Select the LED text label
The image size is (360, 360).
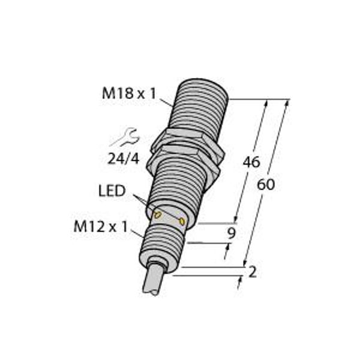112,191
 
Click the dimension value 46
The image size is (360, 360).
250,162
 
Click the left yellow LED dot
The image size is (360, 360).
158,214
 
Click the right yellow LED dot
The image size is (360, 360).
182,222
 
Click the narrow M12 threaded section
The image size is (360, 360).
162,240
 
